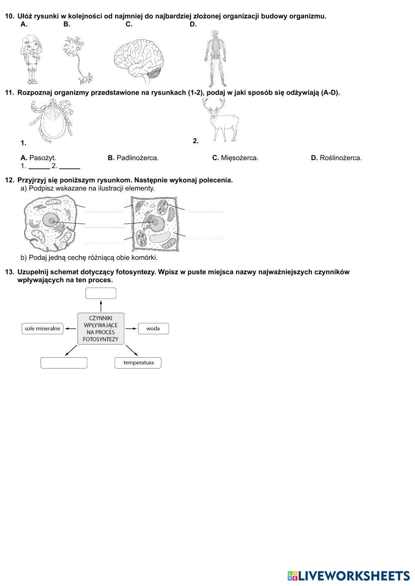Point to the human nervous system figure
click(214, 58)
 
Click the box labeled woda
click(153, 329)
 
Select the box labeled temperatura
click(138, 363)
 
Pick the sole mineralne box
click(42, 329)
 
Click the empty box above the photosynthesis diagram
click(101, 293)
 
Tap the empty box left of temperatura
click(64, 363)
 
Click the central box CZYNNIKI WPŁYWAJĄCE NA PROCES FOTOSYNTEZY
click(101, 329)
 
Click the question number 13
click(9, 272)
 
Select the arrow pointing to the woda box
click(131, 329)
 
